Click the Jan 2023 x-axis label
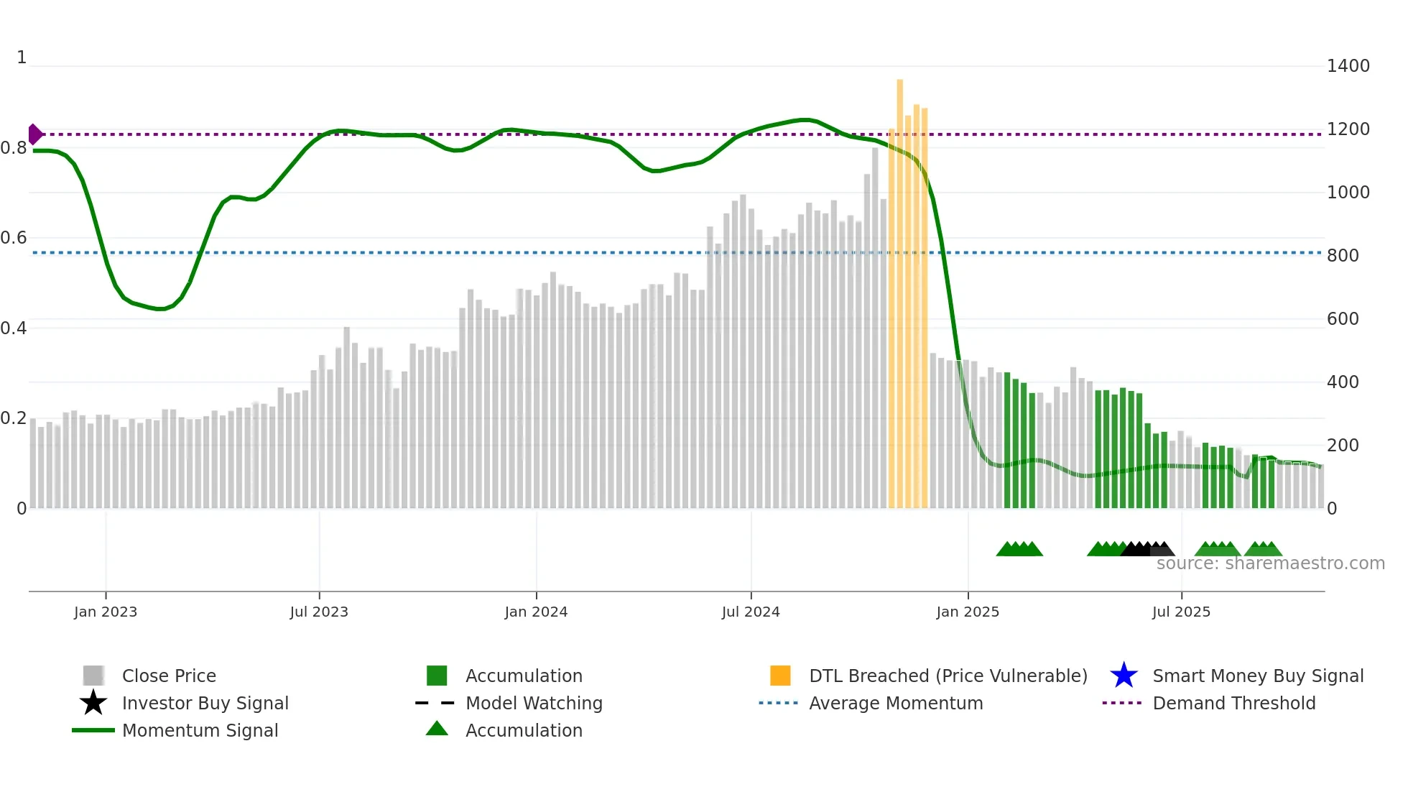click(105, 612)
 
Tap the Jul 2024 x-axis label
click(751, 612)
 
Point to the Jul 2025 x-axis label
click(1181, 612)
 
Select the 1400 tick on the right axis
click(1348, 66)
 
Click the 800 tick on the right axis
click(1343, 256)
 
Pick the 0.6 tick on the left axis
click(14, 238)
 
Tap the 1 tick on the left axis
click(22, 57)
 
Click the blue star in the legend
click(1124, 676)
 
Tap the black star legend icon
click(93, 703)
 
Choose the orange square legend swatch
click(780, 676)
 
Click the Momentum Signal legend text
click(200, 730)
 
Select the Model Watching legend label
click(534, 703)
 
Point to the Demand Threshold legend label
click(1233, 703)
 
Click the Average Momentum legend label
click(896, 703)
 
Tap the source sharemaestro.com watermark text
click(1270, 563)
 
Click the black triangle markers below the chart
click(1142, 549)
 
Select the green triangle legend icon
click(437, 729)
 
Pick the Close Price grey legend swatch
click(93, 676)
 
